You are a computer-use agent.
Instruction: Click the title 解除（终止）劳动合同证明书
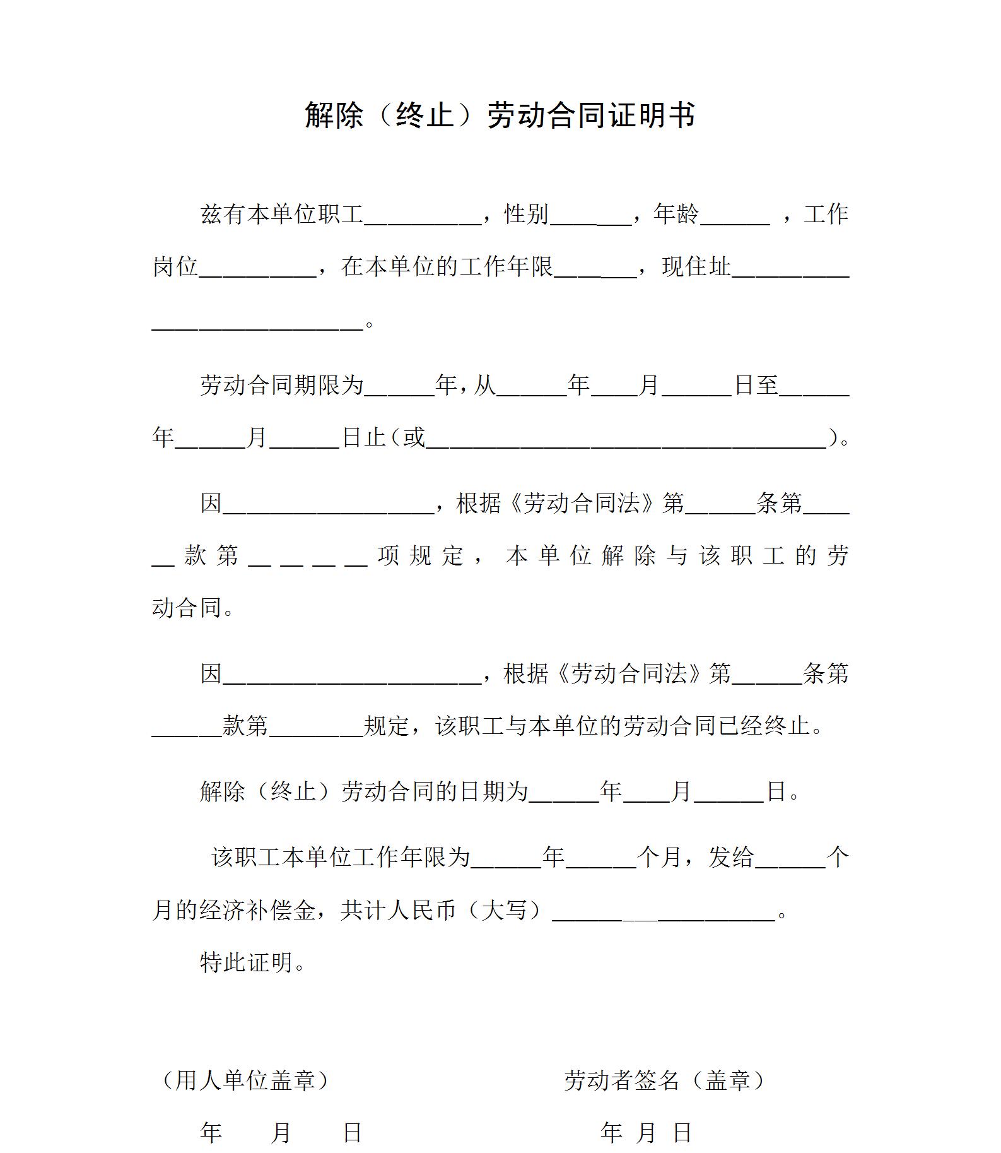click(x=500, y=115)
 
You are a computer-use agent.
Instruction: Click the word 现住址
click(x=696, y=267)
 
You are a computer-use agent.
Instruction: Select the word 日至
click(x=756, y=385)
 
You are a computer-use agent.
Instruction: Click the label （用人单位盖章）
click(x=245, y=1080)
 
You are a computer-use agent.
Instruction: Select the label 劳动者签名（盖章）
click(x=665, y=1080)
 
